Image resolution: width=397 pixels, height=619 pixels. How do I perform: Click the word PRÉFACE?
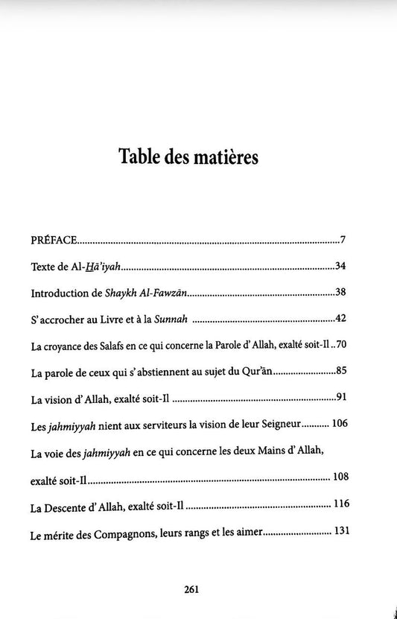click(54, 240)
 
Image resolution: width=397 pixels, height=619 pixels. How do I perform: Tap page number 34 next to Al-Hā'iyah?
click(340, 266)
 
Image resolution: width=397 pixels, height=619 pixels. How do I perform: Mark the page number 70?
click(340, 346)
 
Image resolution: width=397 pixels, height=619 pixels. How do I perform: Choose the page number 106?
click(339, 424)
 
